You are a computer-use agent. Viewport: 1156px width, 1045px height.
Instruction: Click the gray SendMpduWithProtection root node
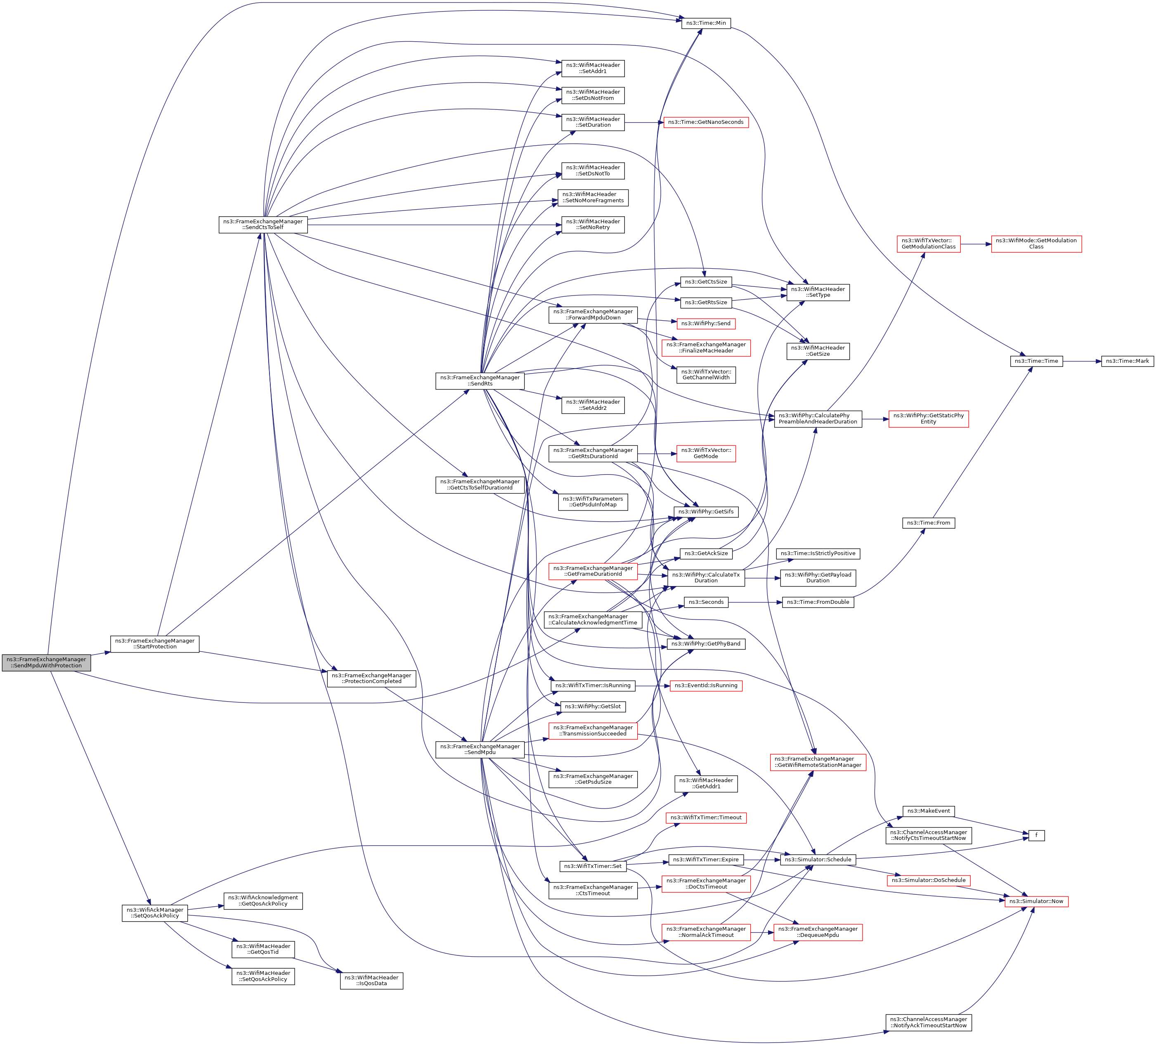tap(46, 662)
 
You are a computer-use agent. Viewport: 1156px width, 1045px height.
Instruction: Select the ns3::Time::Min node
tap(705, 23)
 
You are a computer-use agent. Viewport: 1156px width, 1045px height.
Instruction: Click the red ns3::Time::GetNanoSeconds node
tap(706, 122)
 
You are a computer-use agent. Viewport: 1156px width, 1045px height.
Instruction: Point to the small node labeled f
tap(1036, 836)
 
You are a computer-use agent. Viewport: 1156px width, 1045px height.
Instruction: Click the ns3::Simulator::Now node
tap(1036, 901)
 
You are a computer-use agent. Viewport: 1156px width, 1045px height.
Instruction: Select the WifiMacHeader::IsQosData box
tap(371, 980)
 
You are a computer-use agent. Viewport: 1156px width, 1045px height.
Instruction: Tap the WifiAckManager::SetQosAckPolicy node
tap(155, 913)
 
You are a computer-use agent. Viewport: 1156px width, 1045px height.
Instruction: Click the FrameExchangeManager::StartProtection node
tap(155, 643)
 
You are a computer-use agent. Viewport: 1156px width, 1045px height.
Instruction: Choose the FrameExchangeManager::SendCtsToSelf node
tap(262, 224)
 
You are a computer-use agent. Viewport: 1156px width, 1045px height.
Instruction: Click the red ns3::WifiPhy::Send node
tap(705, 324)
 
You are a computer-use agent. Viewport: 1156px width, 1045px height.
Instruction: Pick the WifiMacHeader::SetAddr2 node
tap(593, 405)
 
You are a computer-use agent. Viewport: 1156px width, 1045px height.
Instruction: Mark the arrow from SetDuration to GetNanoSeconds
tap(644, 122)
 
